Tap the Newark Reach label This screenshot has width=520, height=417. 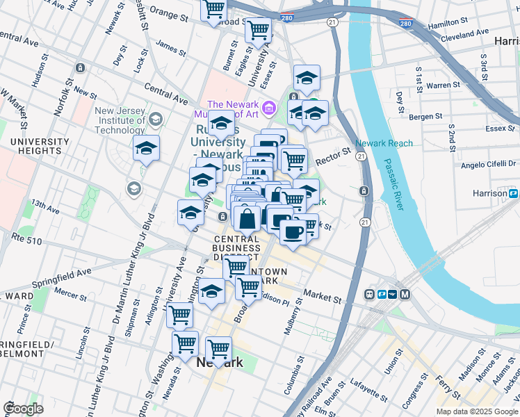[384, 143]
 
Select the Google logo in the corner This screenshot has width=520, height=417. [23, 409]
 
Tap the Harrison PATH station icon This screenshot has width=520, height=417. [513, 193]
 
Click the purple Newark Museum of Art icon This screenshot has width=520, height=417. [270, 108]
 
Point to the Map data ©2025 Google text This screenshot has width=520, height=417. [478, 411]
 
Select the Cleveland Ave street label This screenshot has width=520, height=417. [465, 34]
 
